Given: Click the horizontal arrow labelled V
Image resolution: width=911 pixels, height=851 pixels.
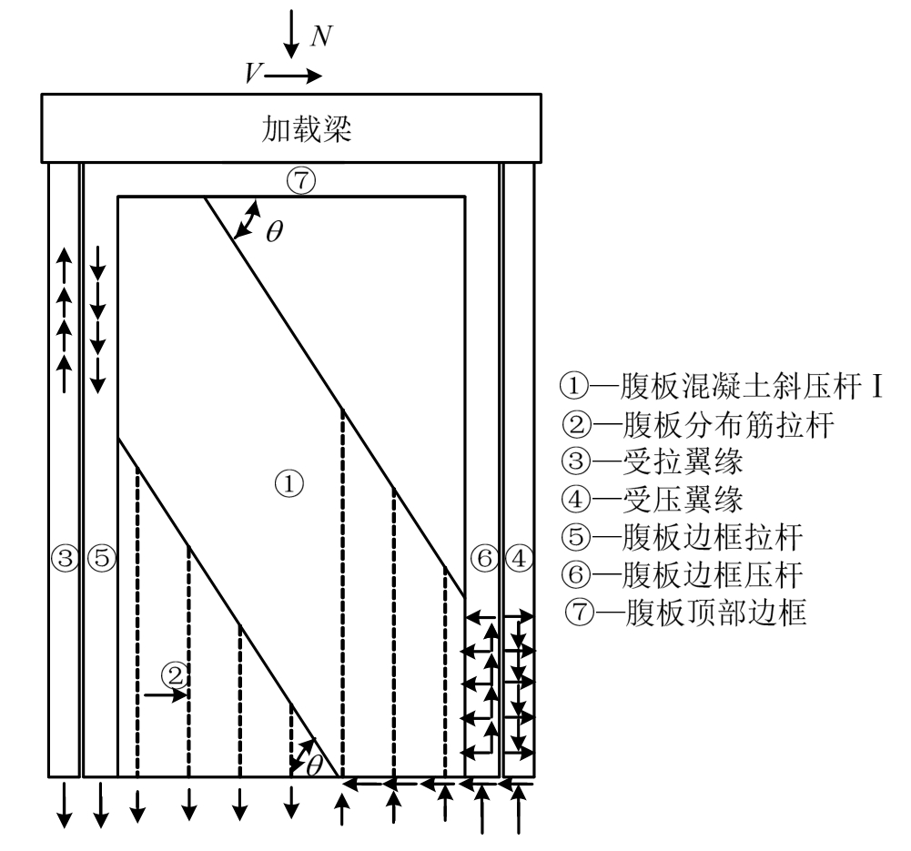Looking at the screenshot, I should click(x=293, y=76).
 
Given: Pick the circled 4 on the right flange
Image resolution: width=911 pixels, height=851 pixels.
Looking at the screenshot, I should click(x=518, y=557).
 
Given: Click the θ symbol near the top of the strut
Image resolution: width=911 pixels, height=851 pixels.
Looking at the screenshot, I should click(x=273, y=230).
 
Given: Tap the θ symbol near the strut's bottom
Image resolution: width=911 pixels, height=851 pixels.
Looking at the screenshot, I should click(x=314, y=765).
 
